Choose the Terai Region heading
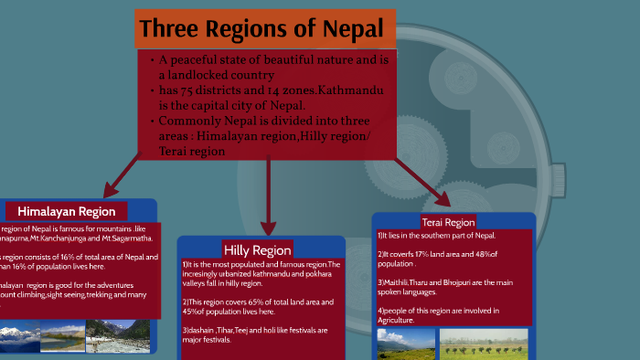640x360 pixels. [x=448, y=222]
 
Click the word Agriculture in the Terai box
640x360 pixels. [x=396, y=321]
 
